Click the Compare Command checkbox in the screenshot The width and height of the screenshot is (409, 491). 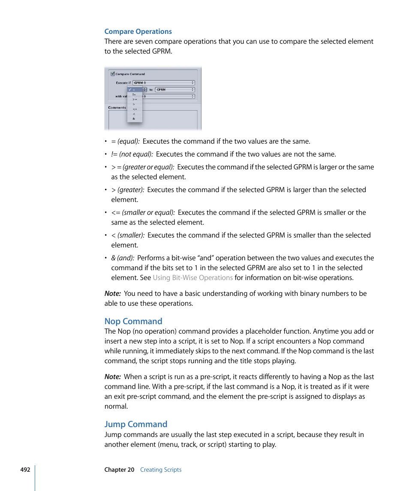[x=112, y=74]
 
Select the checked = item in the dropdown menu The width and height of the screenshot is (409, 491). [x=134, y=90]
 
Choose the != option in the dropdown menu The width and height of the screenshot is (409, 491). [x=134, y=94]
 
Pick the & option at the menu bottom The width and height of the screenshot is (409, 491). [x=134, y=118]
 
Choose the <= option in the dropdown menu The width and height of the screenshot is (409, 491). [x=134, y=109]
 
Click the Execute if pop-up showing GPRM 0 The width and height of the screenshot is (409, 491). [x=163, y=83]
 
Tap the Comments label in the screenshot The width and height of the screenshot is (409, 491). [x=117, y=108]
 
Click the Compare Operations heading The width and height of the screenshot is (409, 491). [x=138, y=31]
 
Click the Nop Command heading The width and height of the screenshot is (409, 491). [x=133, y=321]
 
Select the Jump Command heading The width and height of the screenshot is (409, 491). [x=136, y=424]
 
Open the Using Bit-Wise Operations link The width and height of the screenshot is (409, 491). [x=192, y=277]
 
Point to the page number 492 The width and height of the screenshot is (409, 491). [x=25, y=470]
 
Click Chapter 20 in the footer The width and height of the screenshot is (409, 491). [x=119, y=470]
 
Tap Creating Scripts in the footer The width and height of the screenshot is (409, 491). [x=161, y=470]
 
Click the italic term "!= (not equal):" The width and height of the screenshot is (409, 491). [x=132, y=154]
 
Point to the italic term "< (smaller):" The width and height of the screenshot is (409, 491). [x=128, y=235]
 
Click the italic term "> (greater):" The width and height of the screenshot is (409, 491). [x=128, y=190]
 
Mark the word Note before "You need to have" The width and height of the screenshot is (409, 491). [x=112, y=293]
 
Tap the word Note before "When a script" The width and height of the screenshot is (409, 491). [x=112, y=377]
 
